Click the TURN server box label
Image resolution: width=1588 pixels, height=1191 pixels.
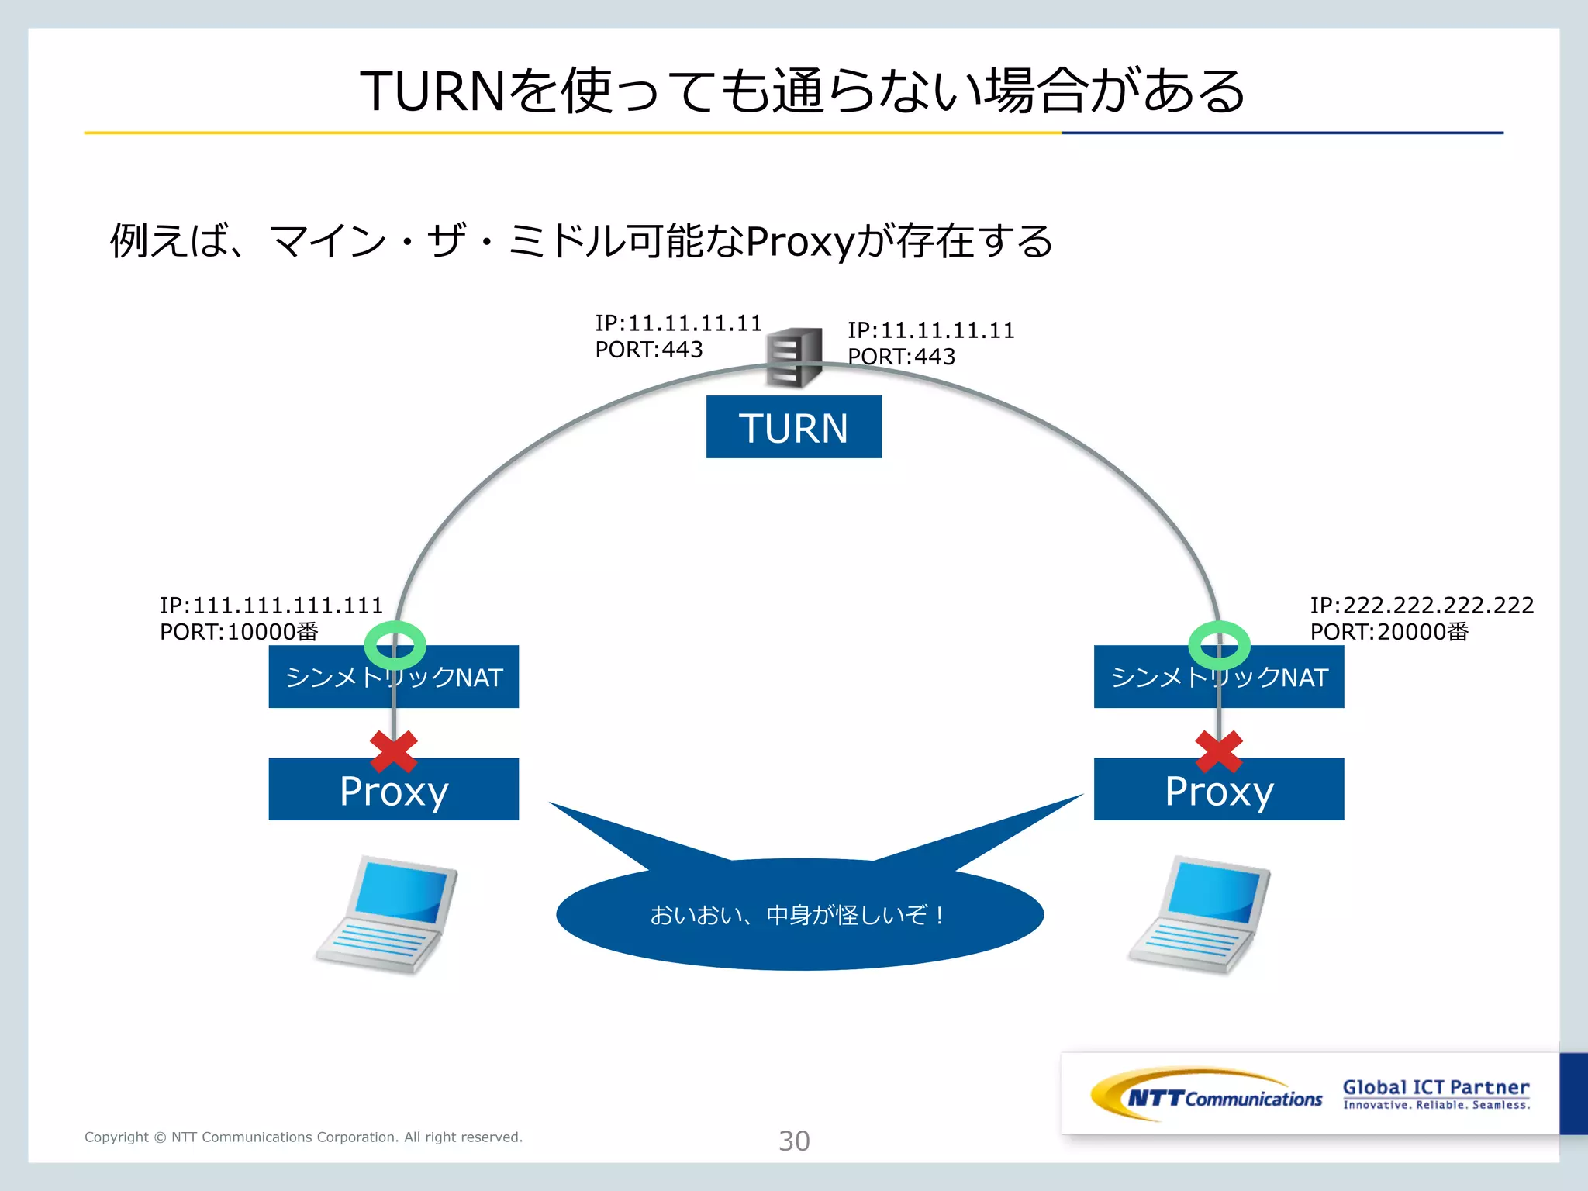pos(793,427)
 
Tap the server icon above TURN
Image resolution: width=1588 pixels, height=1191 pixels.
pos(794,357)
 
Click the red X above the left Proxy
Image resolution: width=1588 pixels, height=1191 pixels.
pos(394,751)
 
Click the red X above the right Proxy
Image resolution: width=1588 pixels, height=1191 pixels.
pos(1219,751)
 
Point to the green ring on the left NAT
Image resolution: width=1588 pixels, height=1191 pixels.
pos(395,645)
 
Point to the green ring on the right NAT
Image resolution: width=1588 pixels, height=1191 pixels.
pos(1219,645)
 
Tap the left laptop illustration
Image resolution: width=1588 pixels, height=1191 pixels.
pos(387,915)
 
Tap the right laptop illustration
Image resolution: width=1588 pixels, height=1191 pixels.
pos(1200,915)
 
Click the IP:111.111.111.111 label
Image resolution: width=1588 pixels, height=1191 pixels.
pos(271,605)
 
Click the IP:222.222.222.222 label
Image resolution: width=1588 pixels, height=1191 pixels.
pos(1421,605)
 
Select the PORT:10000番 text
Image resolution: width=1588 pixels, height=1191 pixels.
pos(239,632)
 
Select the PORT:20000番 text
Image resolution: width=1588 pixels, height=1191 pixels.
pos(1389,632)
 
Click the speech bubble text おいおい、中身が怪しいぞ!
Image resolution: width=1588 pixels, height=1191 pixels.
pos(798,916)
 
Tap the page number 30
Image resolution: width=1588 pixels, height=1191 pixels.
pos(794,1141)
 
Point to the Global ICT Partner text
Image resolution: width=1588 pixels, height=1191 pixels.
pos(1436,1087)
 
